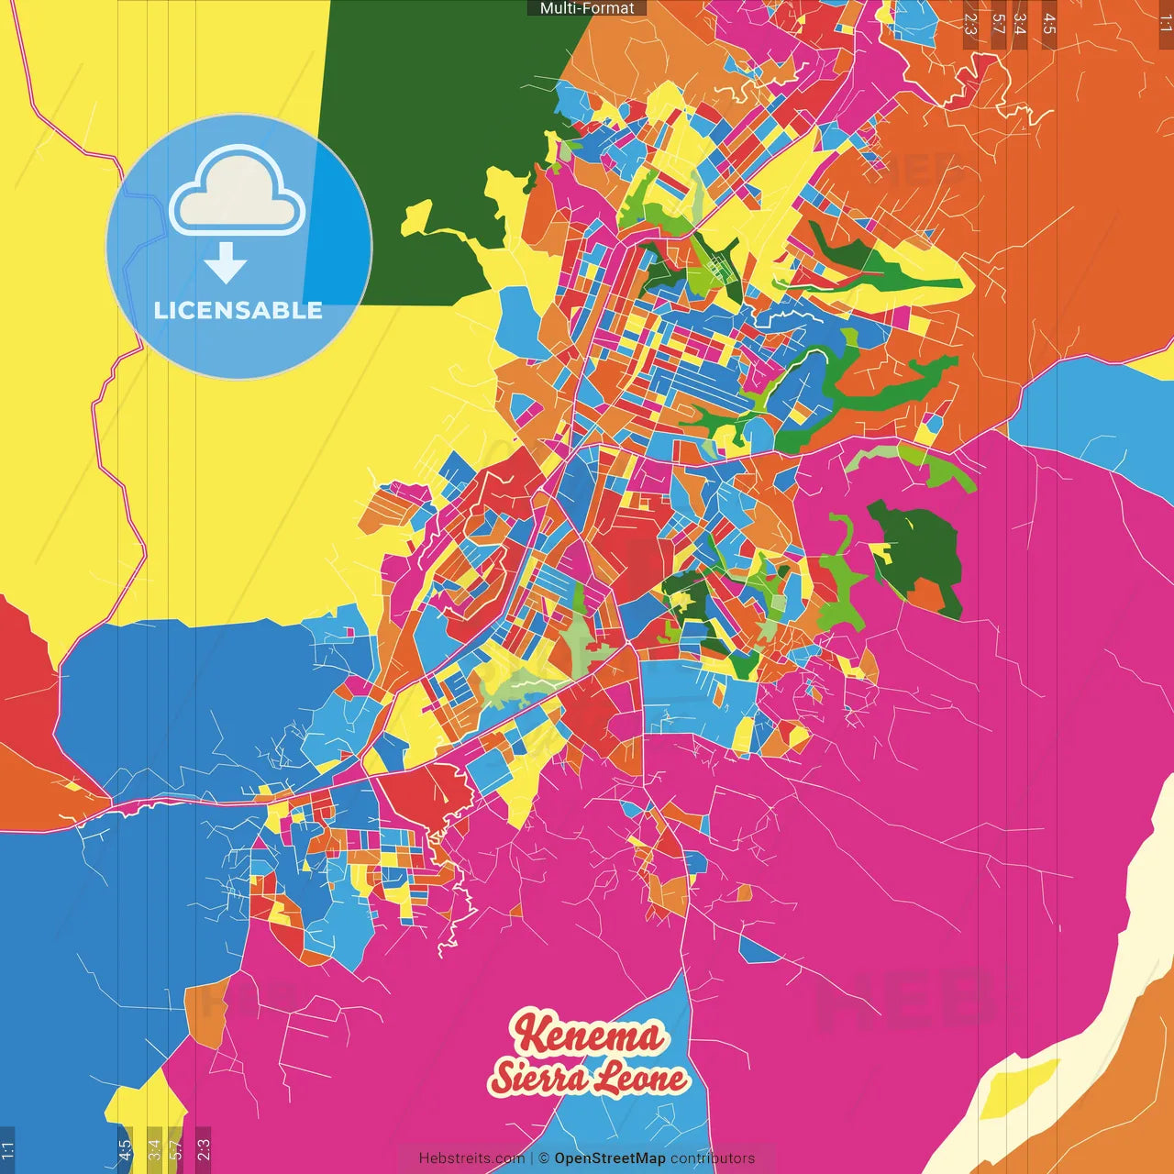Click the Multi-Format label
click(587, 8)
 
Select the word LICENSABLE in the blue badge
click(238, 311)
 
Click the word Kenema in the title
click(588, 1035)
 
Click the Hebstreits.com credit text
click(471, 1158)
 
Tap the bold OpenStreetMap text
click(609, 1158)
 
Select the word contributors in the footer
click(713, 1158)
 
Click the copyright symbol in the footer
click(543, 1158)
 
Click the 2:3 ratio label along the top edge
click(970, 23)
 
